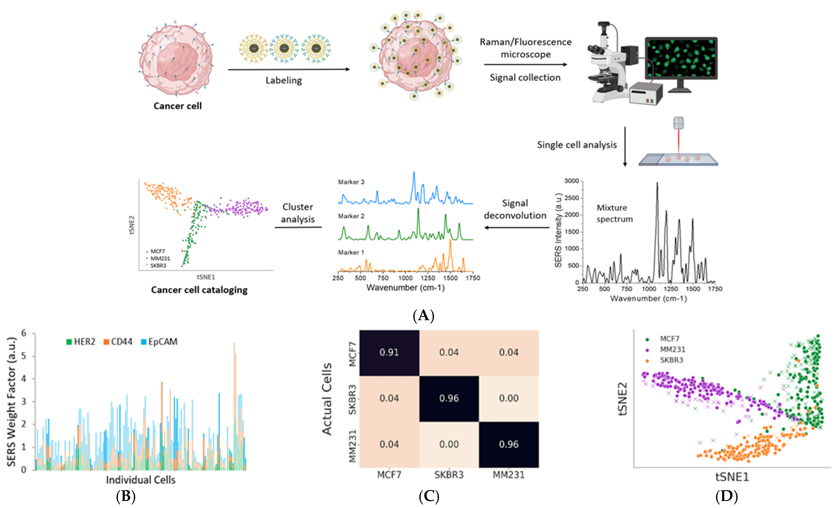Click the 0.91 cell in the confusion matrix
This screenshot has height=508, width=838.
(389, 352)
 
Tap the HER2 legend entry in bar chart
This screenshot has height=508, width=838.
(81, 342)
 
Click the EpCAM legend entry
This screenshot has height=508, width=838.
(159, 342)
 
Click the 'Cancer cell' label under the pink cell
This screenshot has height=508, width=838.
(178, 106)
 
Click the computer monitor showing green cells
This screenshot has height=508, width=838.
(681, 59)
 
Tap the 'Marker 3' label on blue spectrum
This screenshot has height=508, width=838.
(351, 182)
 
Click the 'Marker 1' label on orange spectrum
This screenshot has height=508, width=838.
(351, 252)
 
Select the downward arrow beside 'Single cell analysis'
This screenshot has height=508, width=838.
(625, 147)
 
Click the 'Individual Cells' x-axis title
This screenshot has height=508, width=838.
(140, 480)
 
